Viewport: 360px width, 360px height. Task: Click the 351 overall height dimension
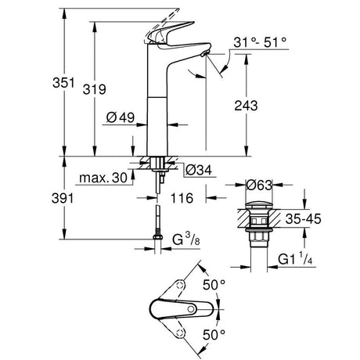coord(63,83)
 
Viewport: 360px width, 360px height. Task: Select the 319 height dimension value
coord(94,89)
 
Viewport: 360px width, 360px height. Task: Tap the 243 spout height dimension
coord(246,106)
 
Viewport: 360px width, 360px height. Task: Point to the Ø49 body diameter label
coord(121,117)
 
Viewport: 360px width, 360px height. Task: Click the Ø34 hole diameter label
coord(199,170)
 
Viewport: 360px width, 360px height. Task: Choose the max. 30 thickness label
coord(103,178)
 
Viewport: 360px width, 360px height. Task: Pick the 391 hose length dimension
coord(63,199)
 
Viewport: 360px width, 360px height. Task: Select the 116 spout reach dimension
coord(182,198)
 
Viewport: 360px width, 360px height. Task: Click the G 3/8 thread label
coord(186,239)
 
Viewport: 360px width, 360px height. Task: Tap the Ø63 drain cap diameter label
coord(259,185)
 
